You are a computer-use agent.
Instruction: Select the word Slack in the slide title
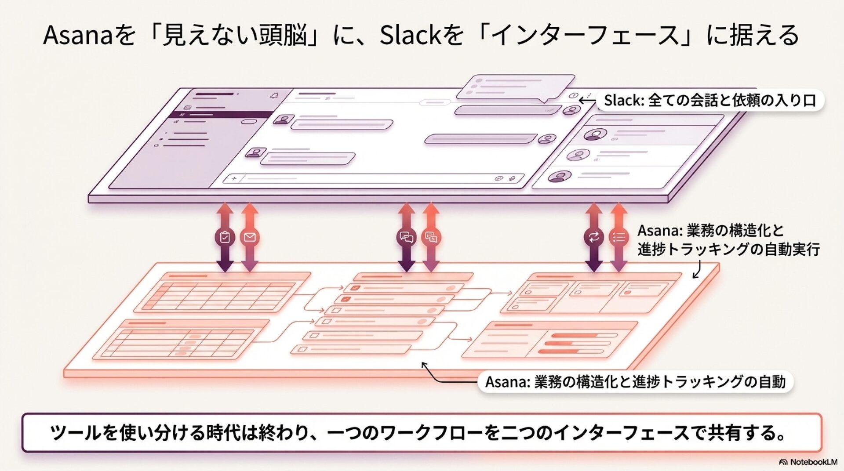click(410, 36)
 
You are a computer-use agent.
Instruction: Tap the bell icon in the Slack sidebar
click(274, 96)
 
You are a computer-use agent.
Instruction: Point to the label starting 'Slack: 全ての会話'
click(709, 101)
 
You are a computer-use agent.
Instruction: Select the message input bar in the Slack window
click(374, 178)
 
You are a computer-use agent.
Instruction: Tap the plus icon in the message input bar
click(234, 178)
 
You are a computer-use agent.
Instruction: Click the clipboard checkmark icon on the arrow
click(225, 237)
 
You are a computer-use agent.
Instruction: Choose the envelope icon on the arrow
click(250, 237)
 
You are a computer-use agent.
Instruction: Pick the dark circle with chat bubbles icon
click(406, 238)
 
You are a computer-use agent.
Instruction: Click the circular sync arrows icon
click(593, 237)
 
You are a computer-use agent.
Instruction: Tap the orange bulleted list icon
click(618, 238)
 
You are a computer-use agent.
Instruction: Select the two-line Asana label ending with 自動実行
click(728, 240)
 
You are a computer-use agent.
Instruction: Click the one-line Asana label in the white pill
click(635, 382)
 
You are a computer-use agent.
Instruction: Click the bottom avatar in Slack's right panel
click(559, 177)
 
